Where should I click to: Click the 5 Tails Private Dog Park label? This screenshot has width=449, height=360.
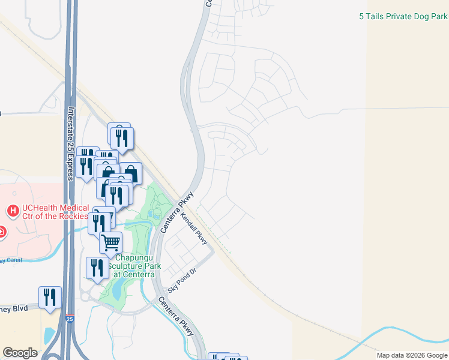pyautogui.click(x=403, y=17)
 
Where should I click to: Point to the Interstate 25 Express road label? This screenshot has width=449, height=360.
pyautogui.click(x=70, y=143)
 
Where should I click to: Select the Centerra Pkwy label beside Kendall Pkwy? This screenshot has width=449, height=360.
pyautogui.click(x=170, y=212)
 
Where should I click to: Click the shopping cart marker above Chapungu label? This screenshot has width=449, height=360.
pyautogui.click(x=110, y=243)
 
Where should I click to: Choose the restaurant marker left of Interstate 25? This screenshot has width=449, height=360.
pyautogui.click(x=50, y=298)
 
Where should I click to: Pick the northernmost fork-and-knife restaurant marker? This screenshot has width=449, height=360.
pyautogui.click(x=122, y=138)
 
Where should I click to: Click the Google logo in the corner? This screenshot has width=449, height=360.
pyautogui.click(x=20, y=353)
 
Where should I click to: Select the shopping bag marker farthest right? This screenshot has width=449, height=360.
pyautogui.click(x=130, y=173)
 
